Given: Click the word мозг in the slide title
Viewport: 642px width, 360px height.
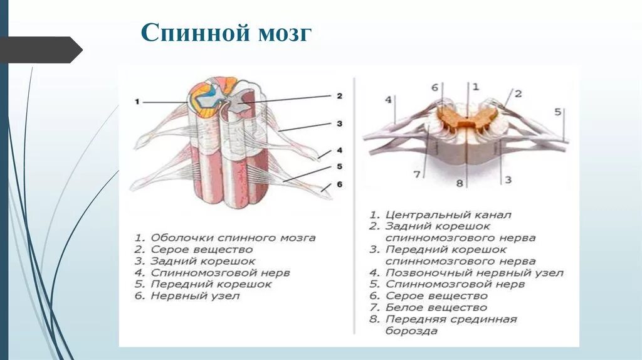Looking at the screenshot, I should click(x=282, y=33).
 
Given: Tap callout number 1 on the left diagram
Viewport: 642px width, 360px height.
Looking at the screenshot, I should click(x=137, y=102).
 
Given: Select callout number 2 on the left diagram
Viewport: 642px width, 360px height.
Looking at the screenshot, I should click(x=339, y=96).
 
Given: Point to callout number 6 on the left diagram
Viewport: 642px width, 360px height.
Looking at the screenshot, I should click(x=339, y=185).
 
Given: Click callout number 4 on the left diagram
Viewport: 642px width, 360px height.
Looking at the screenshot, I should click(x=339, y=150).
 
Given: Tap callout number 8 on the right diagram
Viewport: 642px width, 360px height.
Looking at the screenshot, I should click(x=459, y=183).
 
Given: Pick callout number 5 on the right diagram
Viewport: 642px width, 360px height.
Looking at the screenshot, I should click(x=557, y=112).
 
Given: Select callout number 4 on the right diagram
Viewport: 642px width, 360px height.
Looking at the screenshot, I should click(x=389, y=100).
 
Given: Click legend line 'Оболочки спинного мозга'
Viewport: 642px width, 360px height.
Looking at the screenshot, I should click(x=224, y=238).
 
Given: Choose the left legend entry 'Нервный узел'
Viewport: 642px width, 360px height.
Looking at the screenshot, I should click(x=187, y=295).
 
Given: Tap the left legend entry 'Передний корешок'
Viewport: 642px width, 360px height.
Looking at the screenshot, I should click(x=203, y=284).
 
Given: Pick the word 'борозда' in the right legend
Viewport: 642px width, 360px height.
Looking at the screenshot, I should click(x=411, y=331).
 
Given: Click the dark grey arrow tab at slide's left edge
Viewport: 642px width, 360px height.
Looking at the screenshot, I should click(x=41, y=50).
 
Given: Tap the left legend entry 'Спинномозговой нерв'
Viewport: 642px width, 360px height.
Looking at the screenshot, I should click(x=212, y=273).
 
